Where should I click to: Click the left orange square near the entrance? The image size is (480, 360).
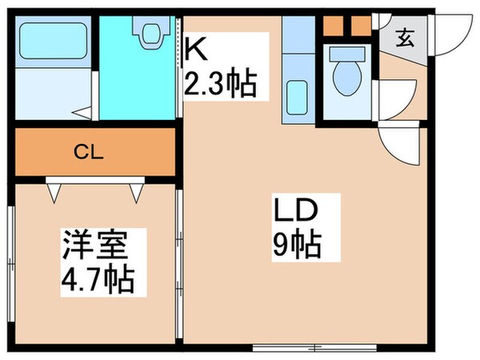(x=334, y=26)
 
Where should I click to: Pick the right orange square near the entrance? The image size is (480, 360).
(x=361, y=26)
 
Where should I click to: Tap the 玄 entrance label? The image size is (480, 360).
(x=405, y=38)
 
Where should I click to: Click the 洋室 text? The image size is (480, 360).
(x=94, y=243)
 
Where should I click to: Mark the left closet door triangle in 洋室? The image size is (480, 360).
(x=55, y=190)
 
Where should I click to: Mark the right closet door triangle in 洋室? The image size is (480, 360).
(x=138, y=190)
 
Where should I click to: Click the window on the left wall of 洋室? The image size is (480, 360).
(x=11, y=264)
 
